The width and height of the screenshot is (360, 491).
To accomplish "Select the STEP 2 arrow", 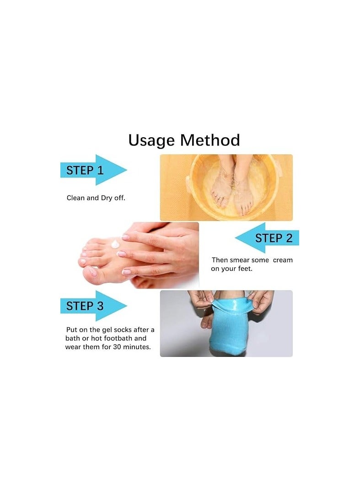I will pyautogui.click(x=267, y=238).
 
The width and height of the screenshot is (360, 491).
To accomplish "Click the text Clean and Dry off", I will pyautogui.click(x=102, y=198).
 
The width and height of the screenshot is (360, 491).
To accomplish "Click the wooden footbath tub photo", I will pyautogui.click(x=226, y=188).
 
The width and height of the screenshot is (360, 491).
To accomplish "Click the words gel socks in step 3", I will pyautogui.click(x=117, y=330).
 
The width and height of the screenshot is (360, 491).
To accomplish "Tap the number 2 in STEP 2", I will pyautogui.click(x=289, y=238).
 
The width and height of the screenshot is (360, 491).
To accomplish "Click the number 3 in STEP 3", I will pyautogui.click(x=100, y=306).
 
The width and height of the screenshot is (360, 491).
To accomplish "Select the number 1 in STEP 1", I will pyautogui.click(x=101, y=170).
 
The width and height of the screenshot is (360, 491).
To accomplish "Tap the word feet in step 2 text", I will pyautogui.click(x=244, y=269).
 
